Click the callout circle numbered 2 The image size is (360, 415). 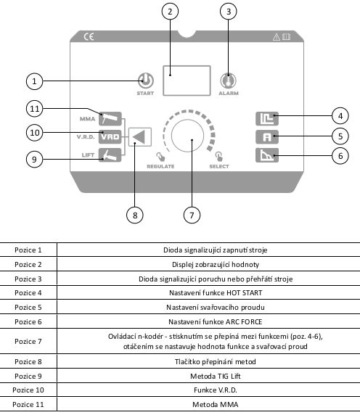click(170, 12)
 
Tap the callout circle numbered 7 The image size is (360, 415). click(192, 215)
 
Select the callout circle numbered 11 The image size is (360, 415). click(34, 109)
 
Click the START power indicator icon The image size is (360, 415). click(146, 81)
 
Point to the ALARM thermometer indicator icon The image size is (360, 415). click(228, 81)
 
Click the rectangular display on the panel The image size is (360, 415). click(187, 81)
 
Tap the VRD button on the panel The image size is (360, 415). click(110, 137)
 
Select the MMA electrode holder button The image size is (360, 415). click(110, 118)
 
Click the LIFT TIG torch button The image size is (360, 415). click(110, 155)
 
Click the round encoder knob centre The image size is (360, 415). click(187, 136)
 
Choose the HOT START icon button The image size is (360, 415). click(267, 118)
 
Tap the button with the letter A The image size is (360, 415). click(267, 137)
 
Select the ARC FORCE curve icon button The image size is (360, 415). click(267, 155)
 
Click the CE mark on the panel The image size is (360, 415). click(89, 36)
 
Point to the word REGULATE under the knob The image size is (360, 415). click(160, 166)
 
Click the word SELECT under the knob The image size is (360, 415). click(219, 166)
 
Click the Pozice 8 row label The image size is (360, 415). click(28, 361)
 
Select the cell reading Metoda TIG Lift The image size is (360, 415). click(216, 376)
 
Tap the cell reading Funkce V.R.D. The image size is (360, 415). click(216, 390)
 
